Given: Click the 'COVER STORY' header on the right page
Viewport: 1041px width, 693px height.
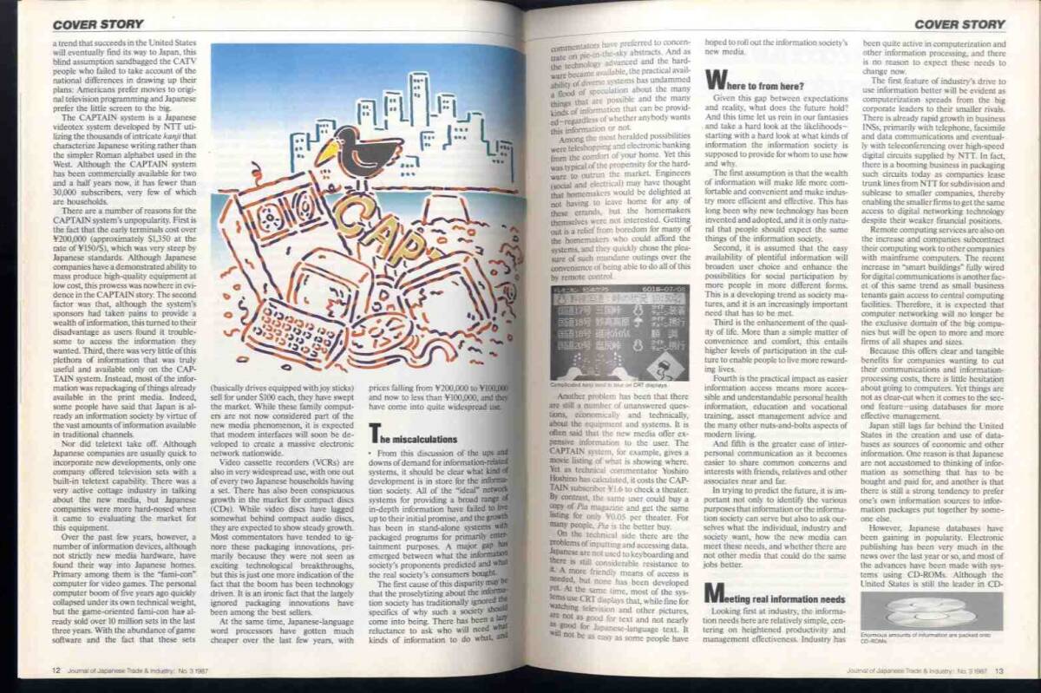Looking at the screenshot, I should (x=959, y=24).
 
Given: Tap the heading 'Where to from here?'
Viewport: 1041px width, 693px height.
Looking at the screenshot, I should (x=756, y=84).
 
